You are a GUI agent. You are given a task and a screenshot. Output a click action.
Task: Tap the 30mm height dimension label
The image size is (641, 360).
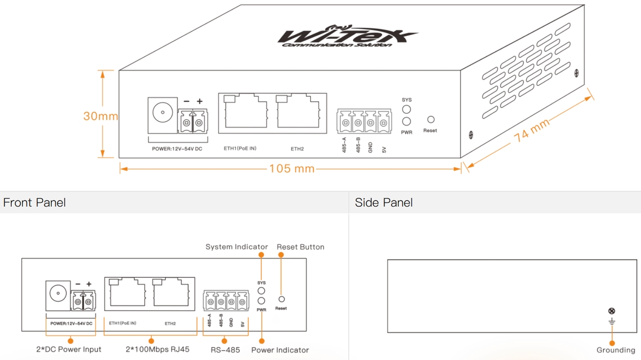point(100,115)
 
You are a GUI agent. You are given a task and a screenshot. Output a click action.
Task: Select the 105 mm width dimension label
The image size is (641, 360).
point(291,169)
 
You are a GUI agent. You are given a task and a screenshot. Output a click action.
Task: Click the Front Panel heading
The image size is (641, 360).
point(34,202)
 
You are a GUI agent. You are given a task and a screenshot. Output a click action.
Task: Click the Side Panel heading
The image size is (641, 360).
point(384,202)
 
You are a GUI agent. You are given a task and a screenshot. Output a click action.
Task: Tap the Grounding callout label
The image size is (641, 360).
point(615,350)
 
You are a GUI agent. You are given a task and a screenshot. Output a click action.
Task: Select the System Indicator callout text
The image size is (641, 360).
point(237,247)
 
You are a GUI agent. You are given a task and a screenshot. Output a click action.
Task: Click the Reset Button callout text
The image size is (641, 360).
point(300,247)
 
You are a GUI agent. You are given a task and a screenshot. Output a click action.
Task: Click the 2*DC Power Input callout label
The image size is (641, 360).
point(68,350)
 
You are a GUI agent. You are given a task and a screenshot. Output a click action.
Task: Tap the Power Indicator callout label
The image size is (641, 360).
point(280,350)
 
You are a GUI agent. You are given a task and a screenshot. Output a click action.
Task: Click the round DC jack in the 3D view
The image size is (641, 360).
point(160,113)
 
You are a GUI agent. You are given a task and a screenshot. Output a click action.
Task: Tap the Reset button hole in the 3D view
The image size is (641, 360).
point(431,120)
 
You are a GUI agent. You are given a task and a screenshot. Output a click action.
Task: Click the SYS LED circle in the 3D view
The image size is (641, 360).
point(407,109)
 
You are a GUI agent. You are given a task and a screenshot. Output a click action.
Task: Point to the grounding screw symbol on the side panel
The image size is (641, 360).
point(612,311)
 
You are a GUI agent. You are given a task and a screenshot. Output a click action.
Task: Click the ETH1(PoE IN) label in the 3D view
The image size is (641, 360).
point(240,148)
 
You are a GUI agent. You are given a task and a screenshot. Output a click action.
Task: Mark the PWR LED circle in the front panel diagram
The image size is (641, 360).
point(262,301)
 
